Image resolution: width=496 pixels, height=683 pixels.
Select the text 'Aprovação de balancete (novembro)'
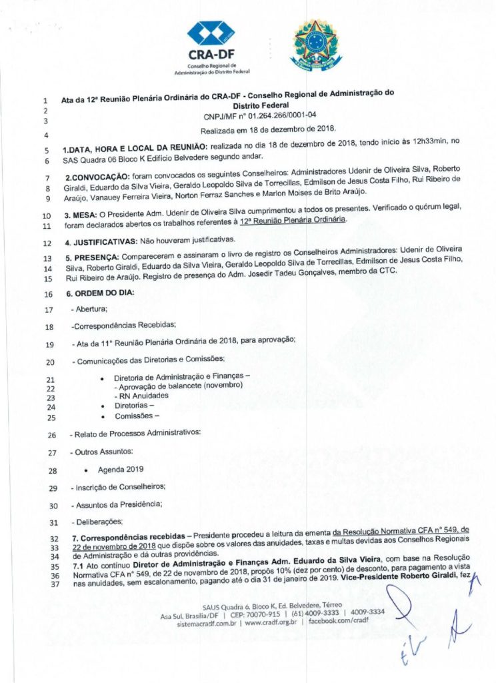coord(178,386)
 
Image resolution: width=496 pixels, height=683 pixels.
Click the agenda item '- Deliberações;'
coord(97,522)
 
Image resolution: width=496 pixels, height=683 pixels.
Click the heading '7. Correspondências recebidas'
coord(125,536)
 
